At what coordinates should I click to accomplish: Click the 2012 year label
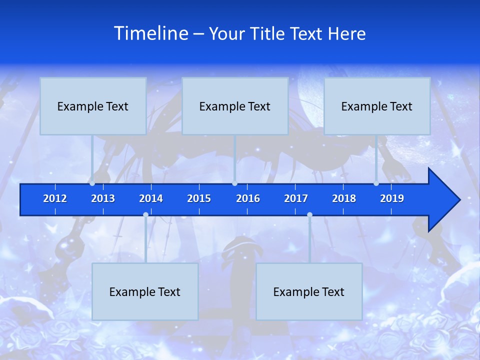point(55,198)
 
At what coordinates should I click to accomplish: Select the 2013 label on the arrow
point(103,198)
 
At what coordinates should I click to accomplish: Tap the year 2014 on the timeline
point(151,198)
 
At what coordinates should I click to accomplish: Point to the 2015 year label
point(199,198)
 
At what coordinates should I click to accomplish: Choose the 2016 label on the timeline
point(248,198)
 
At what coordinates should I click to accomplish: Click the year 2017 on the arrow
point(296,198)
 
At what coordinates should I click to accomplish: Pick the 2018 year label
point(344,198)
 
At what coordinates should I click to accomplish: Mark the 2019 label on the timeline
point(392,198)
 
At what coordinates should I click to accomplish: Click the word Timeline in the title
point(150,33)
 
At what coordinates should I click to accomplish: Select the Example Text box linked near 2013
point(93,106)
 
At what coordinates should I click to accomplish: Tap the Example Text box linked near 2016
point(235,106)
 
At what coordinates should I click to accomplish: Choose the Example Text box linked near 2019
point(377,106)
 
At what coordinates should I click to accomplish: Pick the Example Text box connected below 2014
point(145,291)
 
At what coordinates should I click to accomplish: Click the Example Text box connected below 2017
point(309,291)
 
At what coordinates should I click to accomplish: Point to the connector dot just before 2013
point(92,183)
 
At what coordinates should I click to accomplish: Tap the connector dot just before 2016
point(235,183)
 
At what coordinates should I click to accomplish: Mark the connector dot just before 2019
point(376,183)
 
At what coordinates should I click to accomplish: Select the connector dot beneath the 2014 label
point(145,215)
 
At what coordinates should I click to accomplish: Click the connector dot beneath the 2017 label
point(309,215)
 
